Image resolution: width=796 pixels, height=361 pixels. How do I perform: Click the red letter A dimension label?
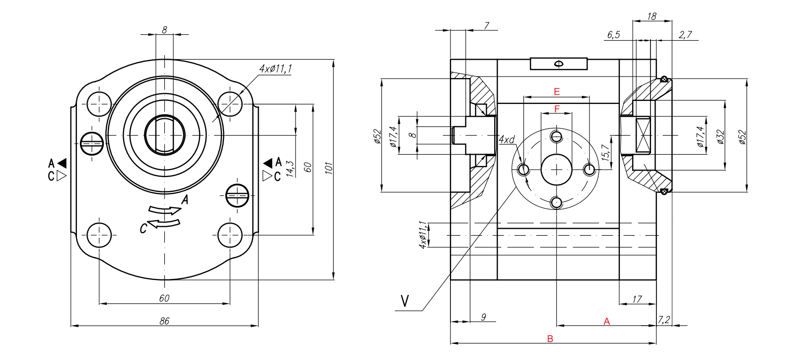[606, 322]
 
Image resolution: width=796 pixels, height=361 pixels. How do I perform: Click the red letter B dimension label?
[550, 339]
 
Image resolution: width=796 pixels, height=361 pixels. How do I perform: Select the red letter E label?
[557, 91]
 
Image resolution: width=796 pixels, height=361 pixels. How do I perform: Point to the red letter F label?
[557, 109]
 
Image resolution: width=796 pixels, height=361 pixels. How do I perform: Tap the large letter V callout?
[405, 301]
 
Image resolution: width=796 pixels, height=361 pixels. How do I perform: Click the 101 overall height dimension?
[328, 168]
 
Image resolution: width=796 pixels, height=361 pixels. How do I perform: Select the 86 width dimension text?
[164, 321]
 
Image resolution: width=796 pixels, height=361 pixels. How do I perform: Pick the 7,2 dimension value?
[664, 319]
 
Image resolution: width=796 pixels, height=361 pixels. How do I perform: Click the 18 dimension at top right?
[651, 16]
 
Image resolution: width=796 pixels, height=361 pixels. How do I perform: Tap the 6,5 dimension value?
[613, 35]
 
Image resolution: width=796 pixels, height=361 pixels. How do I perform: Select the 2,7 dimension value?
[685, 35]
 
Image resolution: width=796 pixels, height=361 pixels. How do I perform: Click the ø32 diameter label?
[721, 137]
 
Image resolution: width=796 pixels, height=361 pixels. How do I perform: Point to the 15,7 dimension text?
[605, 152]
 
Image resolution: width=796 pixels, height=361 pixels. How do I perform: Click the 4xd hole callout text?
[507, 140]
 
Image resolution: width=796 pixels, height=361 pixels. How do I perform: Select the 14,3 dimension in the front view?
[290, 169]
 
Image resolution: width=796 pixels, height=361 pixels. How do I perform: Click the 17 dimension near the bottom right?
[637, 299]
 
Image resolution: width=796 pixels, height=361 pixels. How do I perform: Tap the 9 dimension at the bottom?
[483, 317]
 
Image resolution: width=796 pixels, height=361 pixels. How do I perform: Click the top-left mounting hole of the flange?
[99, 104]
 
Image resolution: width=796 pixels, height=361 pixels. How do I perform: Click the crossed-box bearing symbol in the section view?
[643, 135]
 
